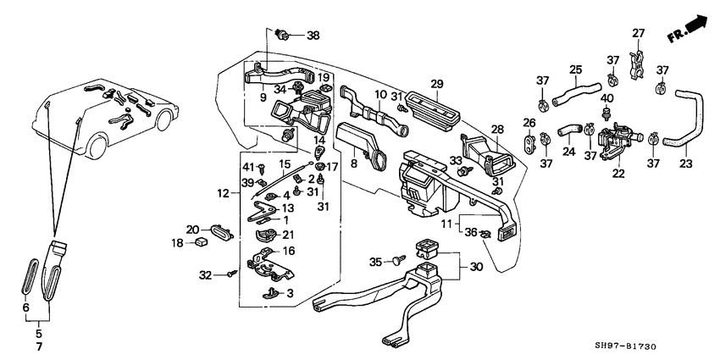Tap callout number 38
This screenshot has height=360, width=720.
[x=313, y=36]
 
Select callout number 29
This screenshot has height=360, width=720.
[x=437, y=83]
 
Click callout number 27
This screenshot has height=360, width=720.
[x=638, y=34]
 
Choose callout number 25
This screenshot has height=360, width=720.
[x=575, y=69]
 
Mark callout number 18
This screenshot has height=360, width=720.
[x=178, y=243]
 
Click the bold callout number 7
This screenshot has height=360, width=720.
[x=38, y=347]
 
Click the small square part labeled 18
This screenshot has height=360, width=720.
[x=202, y=243]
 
